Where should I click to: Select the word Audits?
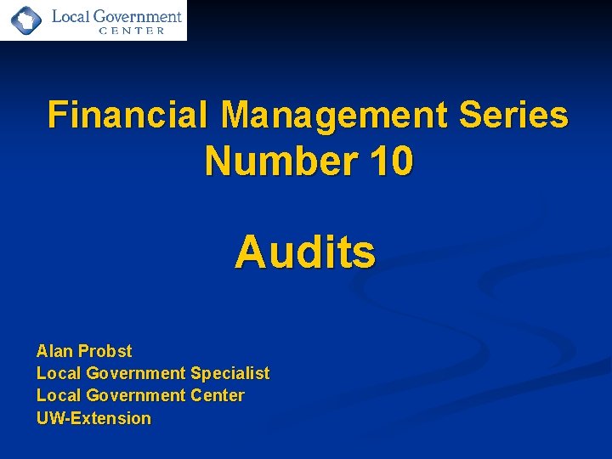tap(305, 252)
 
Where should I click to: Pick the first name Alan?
tap(54, 351)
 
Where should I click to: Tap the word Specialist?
tap(229, 373)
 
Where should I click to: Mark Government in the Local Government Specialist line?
tap(133, 373)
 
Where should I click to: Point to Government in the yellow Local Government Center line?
tap(133, 395)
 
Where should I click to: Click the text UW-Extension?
tap(93, 418)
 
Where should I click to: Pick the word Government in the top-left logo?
tap(139, 15)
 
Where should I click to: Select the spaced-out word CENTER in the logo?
tap(132, 31)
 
